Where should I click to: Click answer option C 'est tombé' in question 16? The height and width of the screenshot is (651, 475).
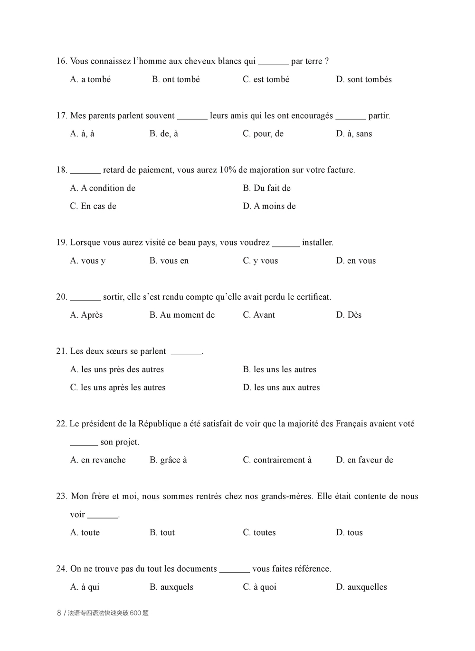[266, 79]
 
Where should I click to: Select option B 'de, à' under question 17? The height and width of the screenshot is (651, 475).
[164, 134]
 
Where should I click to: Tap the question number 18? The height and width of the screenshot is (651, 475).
[61, 170]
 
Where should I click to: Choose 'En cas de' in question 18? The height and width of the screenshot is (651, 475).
[93, 206]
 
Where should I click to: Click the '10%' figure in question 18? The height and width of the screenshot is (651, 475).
[228, 170]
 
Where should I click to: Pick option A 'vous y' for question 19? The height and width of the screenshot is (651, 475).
[88, 261]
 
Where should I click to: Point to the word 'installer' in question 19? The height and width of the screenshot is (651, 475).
[317, 243]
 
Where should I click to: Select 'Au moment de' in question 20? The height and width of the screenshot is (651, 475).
[182, 315]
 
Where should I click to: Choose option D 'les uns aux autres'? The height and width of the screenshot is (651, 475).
[281, 387]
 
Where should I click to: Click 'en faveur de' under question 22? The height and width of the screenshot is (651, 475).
[365, 460]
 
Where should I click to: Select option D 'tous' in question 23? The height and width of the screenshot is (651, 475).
[350, 533]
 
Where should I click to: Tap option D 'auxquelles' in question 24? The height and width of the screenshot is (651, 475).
[361, 587]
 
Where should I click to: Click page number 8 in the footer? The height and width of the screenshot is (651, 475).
[59, 613]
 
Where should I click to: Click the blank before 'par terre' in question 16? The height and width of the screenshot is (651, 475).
[273, 62]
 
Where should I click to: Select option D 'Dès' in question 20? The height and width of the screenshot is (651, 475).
[349, 315]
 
